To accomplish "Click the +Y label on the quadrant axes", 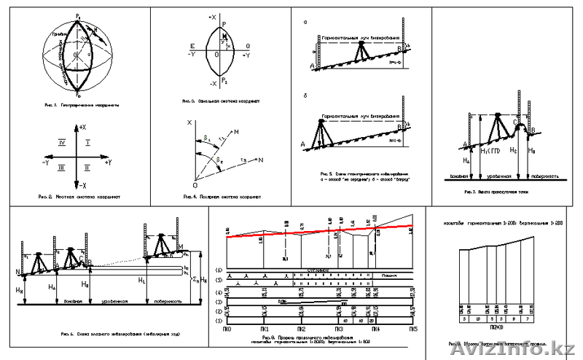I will [x=108, y=162].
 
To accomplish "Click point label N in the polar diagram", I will [x=262, y=160].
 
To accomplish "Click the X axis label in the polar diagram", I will [x=189, y=123].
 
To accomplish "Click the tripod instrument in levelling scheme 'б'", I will [x=319, y=132].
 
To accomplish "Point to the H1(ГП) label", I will [x=493, y=150].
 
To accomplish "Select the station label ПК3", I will [x=338, y=329].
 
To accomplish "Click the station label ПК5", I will [x=413, y=329].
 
